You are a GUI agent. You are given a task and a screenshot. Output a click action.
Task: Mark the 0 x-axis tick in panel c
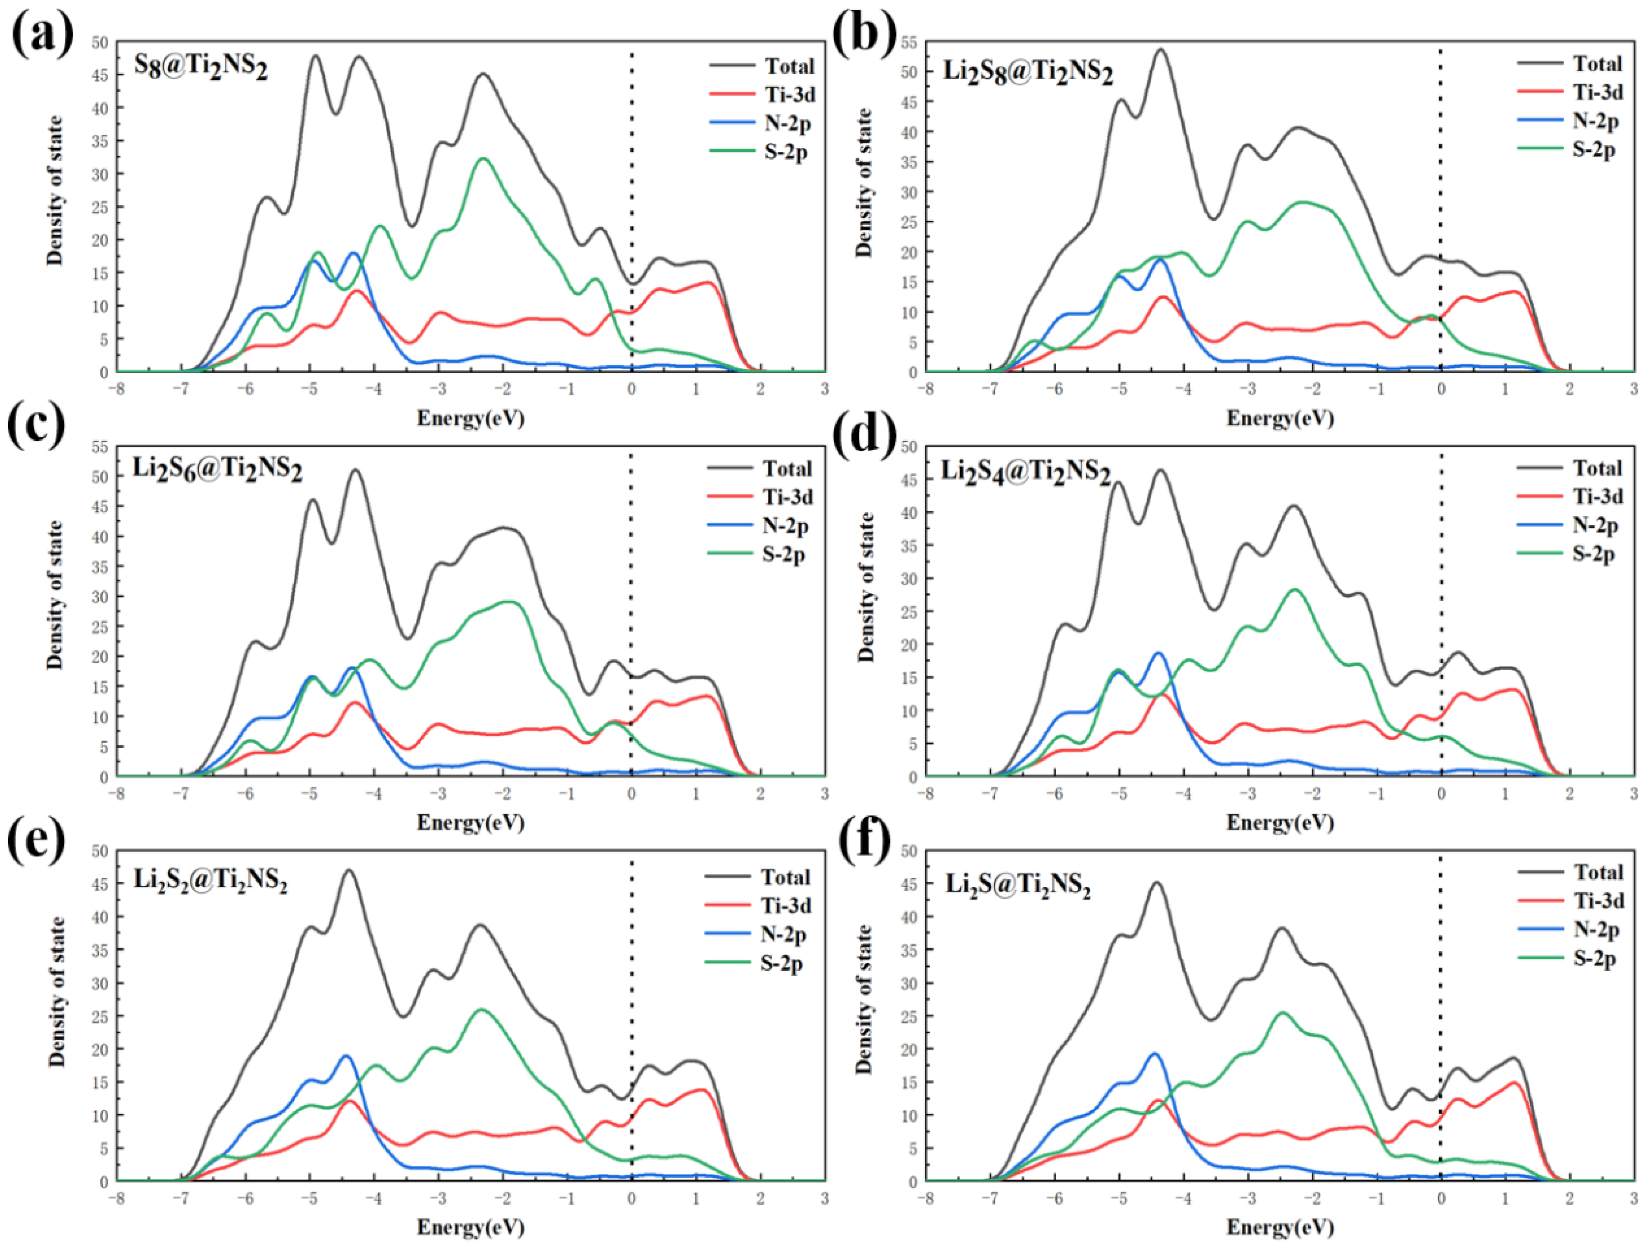(631, 793)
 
